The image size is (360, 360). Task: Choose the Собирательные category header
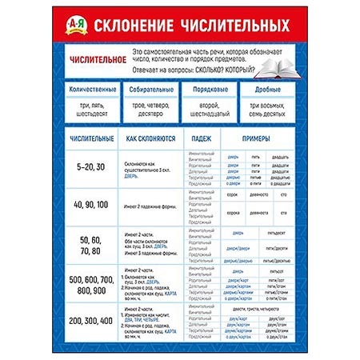150,90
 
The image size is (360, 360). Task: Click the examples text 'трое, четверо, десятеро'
150,109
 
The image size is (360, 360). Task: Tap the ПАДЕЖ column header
202,138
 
